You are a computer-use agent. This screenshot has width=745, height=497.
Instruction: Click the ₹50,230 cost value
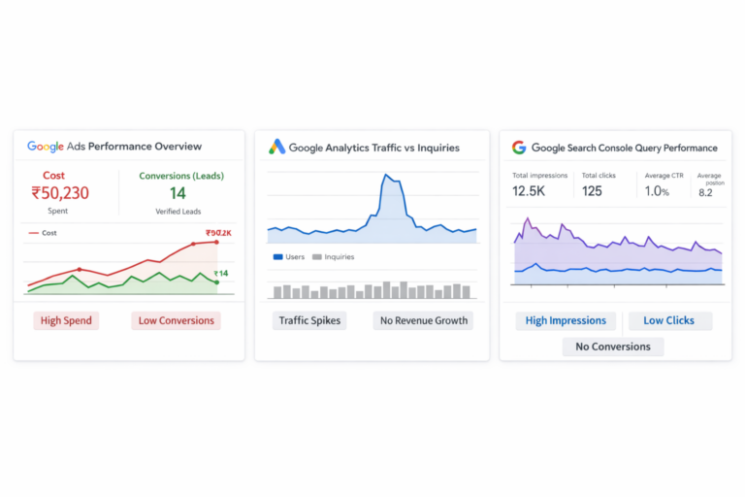click(59, 193)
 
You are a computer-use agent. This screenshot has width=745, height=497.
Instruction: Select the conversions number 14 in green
click(178, 193)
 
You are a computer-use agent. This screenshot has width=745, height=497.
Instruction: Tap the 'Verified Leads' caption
click(178, 211)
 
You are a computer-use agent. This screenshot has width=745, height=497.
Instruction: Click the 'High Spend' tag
click(67, 320)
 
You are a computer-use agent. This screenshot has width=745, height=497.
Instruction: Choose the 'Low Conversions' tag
click(176, 320)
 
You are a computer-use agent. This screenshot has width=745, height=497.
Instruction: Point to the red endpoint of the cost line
click(215, 242)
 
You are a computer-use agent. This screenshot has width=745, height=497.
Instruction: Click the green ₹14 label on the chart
click(221, 273)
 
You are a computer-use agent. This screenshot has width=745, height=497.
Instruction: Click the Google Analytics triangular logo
click(276, 147)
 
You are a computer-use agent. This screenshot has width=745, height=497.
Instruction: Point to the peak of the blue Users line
click(386, 176)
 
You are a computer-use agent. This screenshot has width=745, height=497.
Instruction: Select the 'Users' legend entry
click(291, 257)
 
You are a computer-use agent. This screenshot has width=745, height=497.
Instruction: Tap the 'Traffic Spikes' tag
click(309, 320)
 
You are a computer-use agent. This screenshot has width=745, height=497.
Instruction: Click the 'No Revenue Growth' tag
click(423, 320)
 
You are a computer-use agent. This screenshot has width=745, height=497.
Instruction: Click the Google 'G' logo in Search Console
click(519, 148)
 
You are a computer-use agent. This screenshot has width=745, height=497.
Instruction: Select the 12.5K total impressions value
click(529, 191)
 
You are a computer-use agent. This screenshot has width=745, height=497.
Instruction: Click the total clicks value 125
click(592, 191)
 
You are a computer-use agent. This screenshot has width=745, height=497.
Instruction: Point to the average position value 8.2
click(707, 192)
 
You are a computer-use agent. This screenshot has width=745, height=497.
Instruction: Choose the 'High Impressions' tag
click(566, 320)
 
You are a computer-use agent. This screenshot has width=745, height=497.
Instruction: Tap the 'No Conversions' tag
click(613, 347)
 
